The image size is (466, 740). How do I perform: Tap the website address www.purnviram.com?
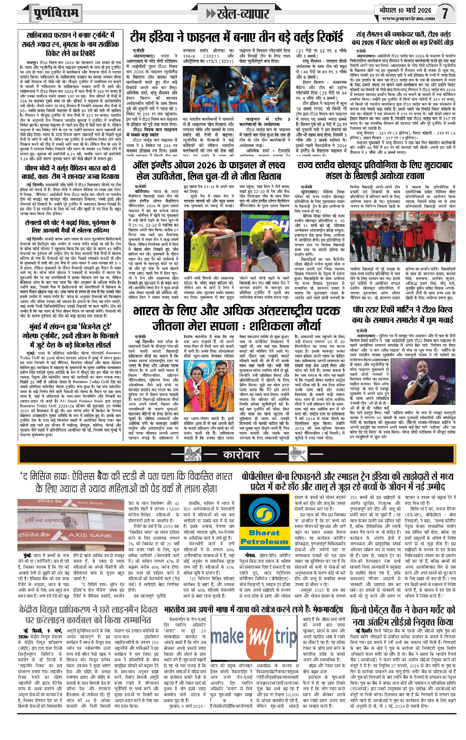[408, 18]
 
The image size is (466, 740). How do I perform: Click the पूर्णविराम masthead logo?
[56, 13]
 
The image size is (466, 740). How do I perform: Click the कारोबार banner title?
[241, 455]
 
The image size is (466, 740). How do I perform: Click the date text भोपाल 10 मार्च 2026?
[405, 10]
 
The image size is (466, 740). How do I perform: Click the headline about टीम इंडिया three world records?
[236, 37]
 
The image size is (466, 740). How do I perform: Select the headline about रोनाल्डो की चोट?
[70, 226]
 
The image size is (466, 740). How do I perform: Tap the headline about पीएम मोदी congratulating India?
[70, 172]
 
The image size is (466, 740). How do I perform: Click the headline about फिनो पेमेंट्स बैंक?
[403, 616]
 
